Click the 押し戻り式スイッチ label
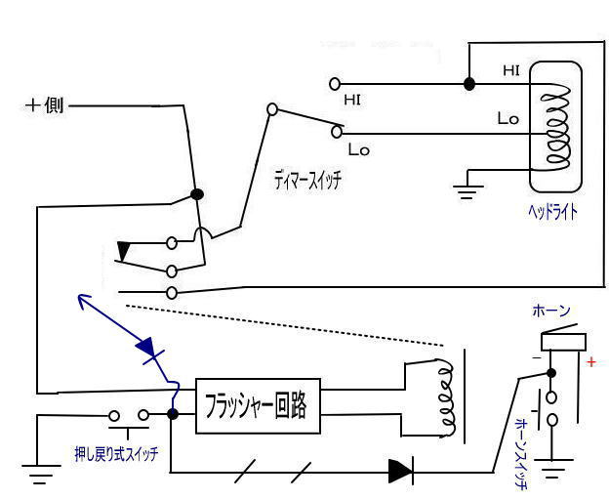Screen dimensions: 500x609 [116, 453]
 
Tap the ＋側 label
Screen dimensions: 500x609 [44, 105]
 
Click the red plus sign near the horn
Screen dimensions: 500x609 [590, 362]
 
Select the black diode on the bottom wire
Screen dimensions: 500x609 [401, 472]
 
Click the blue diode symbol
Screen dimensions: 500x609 [146, 348]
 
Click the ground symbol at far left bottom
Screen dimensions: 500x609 [39, 478]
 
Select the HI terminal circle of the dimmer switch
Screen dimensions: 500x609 [335, 84]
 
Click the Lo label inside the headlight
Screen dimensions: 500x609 [507, 119]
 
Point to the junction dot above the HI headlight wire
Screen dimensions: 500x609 [469, 84]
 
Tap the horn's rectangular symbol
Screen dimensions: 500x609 [563, 341]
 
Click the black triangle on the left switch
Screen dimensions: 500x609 [123, 251]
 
